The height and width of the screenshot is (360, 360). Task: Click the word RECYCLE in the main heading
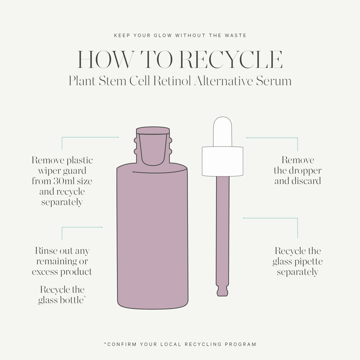coord(231,59)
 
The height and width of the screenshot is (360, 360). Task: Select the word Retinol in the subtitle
coord(172,81)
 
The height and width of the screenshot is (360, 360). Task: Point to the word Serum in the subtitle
coord(274,81)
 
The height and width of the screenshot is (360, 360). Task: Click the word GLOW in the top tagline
coord(163,35)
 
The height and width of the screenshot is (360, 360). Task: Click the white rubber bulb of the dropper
coord(222,131)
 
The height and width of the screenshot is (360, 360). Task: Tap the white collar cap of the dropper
coord(222,161)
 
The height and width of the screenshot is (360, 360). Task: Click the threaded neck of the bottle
coord(153,145)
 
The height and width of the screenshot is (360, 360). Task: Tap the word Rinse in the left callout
coord(46,251)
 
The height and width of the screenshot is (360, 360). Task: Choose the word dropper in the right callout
coord(305,171)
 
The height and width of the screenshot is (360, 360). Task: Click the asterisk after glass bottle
coord(85,297)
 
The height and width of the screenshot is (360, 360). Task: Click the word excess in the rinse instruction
coord(45,272)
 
